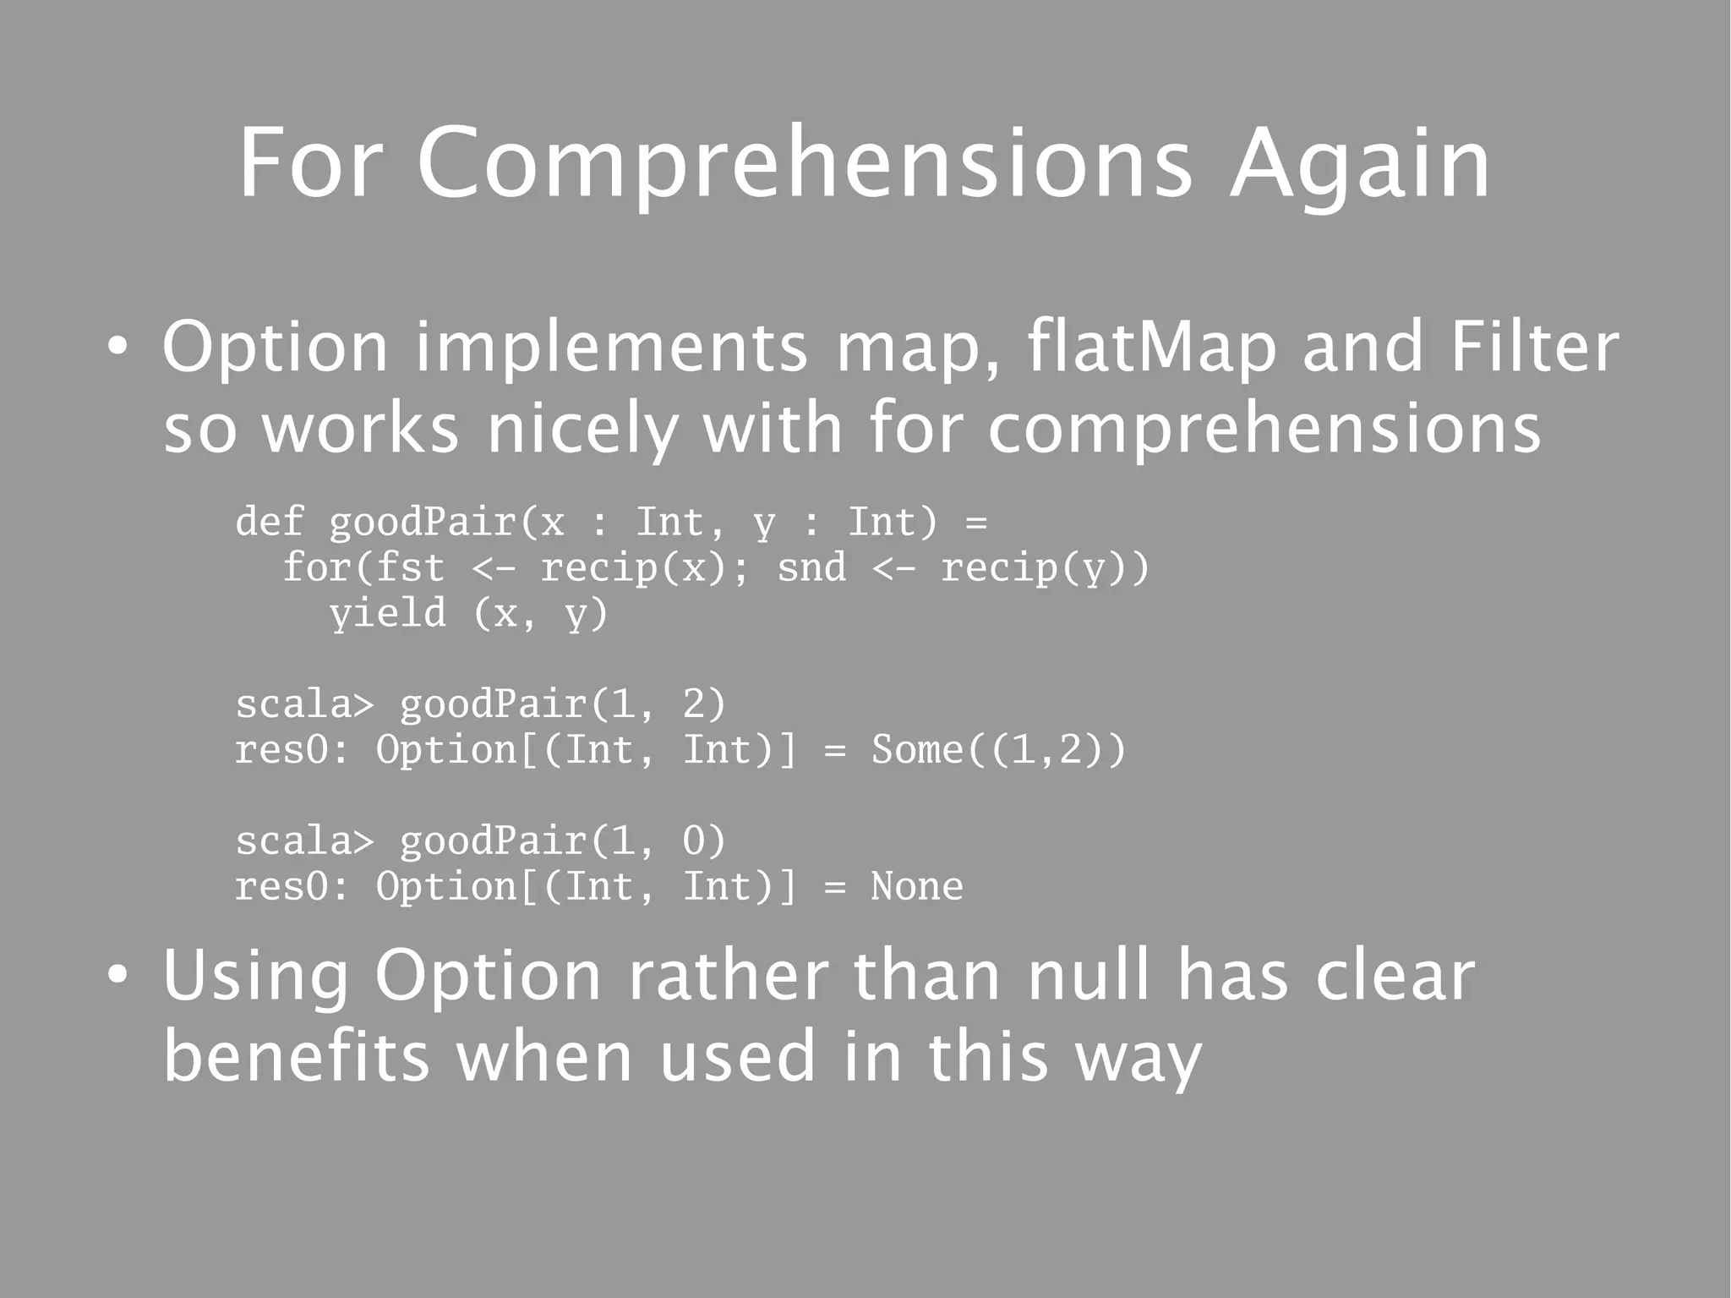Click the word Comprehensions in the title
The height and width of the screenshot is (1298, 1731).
click(x=804, y=165)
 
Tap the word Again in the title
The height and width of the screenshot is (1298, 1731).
click(x=1359, y=165)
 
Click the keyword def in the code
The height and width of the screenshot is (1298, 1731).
click(x=269, y=521)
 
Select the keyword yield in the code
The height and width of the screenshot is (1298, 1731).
click(x=387, y=612)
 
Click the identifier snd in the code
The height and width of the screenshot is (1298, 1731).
click(x=811, y=567)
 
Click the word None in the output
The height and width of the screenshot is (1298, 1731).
click(x=917, y=886)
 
